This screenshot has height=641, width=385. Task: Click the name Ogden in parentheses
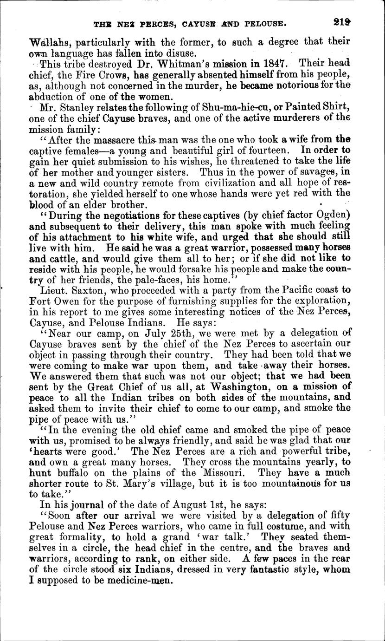pos(331,215)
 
